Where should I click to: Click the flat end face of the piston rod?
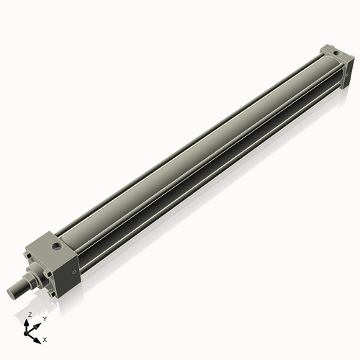pyautogui.click(x=12, y=290)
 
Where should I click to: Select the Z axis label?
pyautogui.click(x=30, y=315)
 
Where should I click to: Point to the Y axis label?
pyautogui.click(x=45, y=318)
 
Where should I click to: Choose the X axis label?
pyautogui.click(x=45, y=338)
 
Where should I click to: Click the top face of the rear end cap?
pyautogui.click(x=333, y=51)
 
